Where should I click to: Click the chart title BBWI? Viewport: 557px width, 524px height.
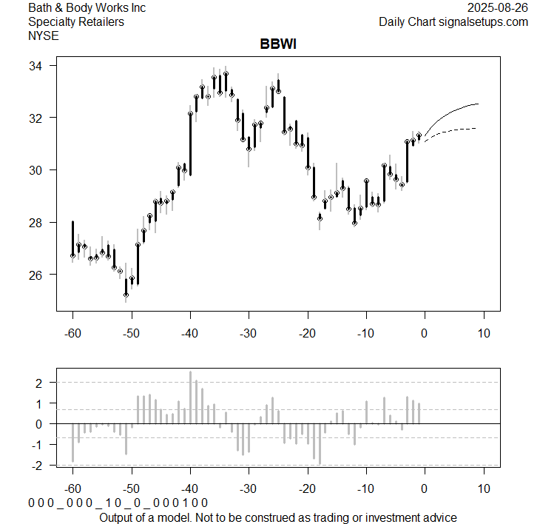(278, 45)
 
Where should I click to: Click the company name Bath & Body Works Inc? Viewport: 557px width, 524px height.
(87, 8)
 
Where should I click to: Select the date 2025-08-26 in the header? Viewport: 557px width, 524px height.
(498, 8)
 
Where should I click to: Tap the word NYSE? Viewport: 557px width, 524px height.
(43, 35)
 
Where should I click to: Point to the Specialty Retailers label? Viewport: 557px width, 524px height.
(75, 21)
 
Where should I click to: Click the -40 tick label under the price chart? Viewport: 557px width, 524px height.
(189, 335)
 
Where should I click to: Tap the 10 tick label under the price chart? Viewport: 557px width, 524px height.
(483, 335)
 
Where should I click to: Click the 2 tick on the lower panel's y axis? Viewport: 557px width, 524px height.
(38, 383)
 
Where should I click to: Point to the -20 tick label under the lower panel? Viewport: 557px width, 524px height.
(307, 489)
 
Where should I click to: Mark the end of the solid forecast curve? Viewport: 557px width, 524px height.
(479, 104)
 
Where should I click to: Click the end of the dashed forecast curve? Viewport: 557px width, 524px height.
(478, 129)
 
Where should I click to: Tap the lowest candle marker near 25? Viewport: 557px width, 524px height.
(126, 295)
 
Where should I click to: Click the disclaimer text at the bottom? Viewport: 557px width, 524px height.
(277, 517)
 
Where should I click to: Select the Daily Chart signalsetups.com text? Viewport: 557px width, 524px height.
(453, 21)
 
